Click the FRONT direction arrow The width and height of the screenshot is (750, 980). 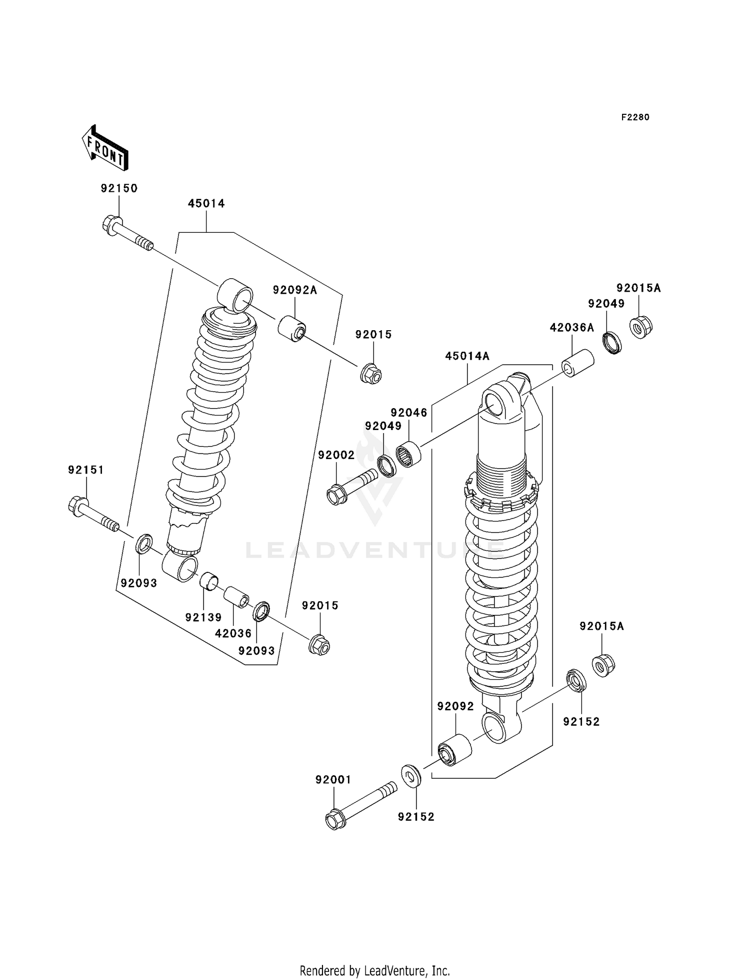pyautogui.click(x=105, y=148)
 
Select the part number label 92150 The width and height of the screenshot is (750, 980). pyautogui.click(x=119, y=188)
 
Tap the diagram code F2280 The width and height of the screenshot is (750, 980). pyautogui.click(x=635, y=117)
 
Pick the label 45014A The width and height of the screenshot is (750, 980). pyautogui.click(x=467, y=356)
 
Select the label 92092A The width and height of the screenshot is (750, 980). pyautogui.click(x=295, y=290)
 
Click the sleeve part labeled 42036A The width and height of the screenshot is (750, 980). pyautogui.click(x=578, y=364)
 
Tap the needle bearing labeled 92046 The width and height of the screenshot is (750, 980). pyautogui.click(x=409, y=454)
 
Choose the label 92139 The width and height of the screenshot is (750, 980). pyautogui.click(x=203, y=617)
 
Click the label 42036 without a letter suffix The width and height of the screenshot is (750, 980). pyautogui.click(x=233, y=633)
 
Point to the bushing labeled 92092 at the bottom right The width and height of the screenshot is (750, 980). pyautogui.click(x=454, y=750)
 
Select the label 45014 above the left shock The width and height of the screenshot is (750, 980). pyautogui.click(x=206, y=203)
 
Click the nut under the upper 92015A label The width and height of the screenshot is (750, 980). pyautogui.click(x=640, y=327)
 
